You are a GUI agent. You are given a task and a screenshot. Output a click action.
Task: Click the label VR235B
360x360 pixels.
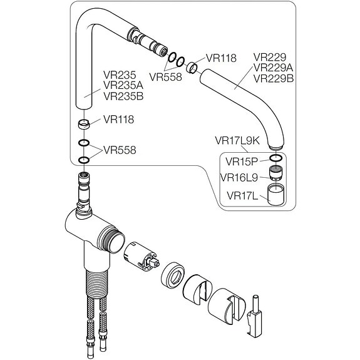tap(123, 96)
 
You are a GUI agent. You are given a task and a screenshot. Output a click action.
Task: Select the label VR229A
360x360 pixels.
tap(273, 68)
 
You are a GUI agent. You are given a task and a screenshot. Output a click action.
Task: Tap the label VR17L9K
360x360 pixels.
tap(237, 140)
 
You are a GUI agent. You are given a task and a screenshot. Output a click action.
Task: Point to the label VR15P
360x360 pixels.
tap(242, 162)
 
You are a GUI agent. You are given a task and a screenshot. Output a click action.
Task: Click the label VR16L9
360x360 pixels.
tap(239, 177)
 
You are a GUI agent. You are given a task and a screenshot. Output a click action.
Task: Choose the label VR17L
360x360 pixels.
tap(242, 196)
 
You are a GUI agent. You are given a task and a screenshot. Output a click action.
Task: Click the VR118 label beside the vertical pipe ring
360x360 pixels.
tap(118, 120)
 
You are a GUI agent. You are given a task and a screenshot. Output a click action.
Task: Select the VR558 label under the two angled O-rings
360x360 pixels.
tap(165, 77)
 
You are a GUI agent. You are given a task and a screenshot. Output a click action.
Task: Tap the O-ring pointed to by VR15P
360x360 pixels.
tap(275, 158)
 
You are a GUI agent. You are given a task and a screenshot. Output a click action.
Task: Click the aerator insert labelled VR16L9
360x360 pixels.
tap(275, 173)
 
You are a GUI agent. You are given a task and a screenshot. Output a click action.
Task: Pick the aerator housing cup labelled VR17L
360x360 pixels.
tap(275, 195)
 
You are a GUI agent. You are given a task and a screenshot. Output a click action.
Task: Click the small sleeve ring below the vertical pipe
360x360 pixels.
tap(84, 125)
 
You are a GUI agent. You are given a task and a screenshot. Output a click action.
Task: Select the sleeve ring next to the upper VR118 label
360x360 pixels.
tap(192, 67)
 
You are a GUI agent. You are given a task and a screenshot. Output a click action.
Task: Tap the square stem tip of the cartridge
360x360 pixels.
tap(155, 263)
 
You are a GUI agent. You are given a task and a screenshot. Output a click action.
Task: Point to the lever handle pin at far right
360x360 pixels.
tap(255, 316)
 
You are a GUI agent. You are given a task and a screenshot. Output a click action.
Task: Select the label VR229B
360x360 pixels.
tap(274, 78)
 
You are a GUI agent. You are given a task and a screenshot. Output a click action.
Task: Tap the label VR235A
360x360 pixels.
tap(123, 85)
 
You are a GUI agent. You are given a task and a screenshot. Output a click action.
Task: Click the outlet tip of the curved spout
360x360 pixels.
tap(275, 147)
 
